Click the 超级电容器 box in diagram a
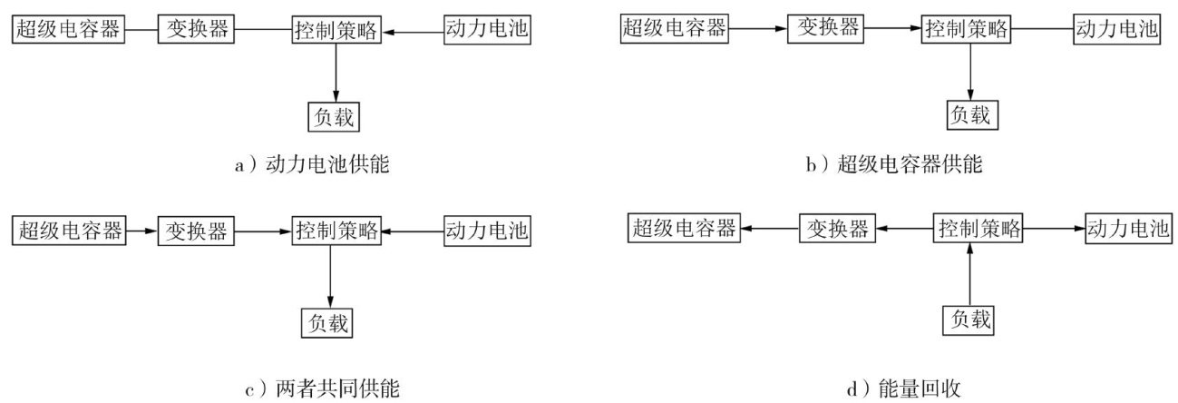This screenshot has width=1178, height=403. click(68, 29)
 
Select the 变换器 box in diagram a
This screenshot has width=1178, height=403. click(197, 29)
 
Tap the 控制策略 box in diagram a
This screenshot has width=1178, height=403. click(336, 31)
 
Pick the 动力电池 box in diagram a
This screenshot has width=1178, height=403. click(486, 29)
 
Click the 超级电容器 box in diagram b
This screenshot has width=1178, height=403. click(674, 28)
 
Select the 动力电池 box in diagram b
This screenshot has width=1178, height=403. click(1117, 29)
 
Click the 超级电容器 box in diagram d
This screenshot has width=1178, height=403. click(684, 229)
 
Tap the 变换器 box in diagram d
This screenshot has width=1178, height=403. click(837, 229)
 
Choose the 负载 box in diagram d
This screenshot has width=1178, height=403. click(971, 319)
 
